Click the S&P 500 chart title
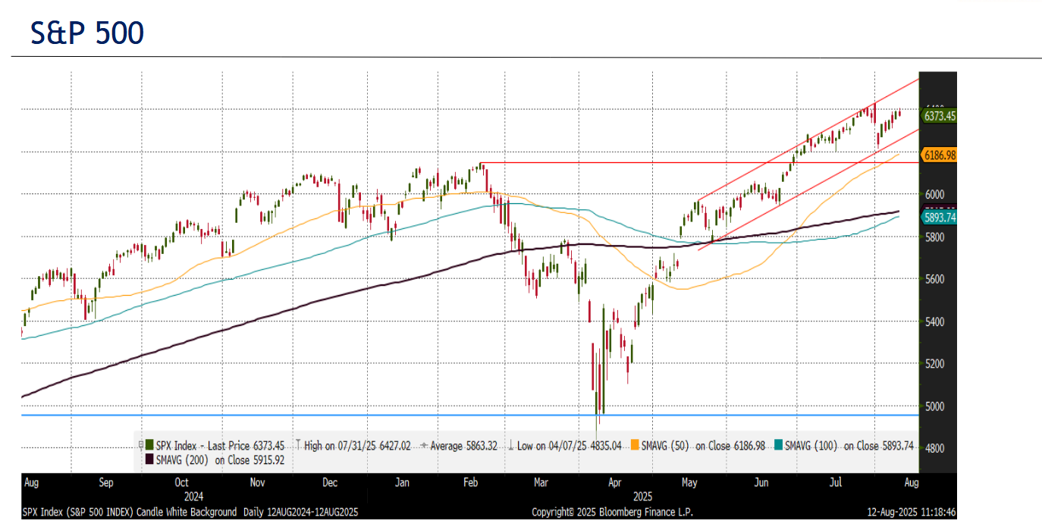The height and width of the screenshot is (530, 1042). click(87, 33)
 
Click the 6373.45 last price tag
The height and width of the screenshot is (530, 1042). click(938, 116)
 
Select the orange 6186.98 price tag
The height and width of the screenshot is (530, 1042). click(938, 155)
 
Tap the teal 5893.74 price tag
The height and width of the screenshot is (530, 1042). click(938, 217)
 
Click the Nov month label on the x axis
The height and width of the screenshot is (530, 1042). click(257, 482)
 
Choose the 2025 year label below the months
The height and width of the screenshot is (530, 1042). click(642, 497)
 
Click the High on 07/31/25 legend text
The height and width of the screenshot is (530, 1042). click(356, 446)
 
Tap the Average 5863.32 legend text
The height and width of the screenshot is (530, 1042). click(462, 446)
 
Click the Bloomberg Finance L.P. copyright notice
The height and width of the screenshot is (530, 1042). click(612, 512)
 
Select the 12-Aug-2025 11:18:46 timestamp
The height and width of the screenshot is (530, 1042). click(912, 512)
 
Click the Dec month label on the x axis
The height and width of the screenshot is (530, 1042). click(330, 482)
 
